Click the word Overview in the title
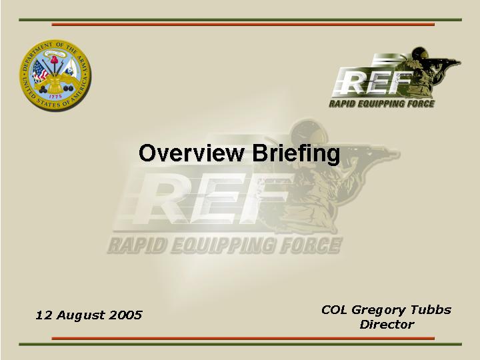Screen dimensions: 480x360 click(x=191, y=153)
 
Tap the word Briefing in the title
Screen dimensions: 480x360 click(x=296, y=154)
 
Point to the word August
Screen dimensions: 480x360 click(x=79, y=315)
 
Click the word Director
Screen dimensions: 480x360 click(x=387, y=324)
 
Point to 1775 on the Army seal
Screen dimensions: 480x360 click(x=55, y=97)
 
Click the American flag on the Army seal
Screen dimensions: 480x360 click(x=40, y=71)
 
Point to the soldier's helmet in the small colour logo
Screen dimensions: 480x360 click(x=420, y=53)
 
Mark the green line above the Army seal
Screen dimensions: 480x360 click(x=240, y=20)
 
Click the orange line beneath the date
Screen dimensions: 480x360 click(x=243, y=338)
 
